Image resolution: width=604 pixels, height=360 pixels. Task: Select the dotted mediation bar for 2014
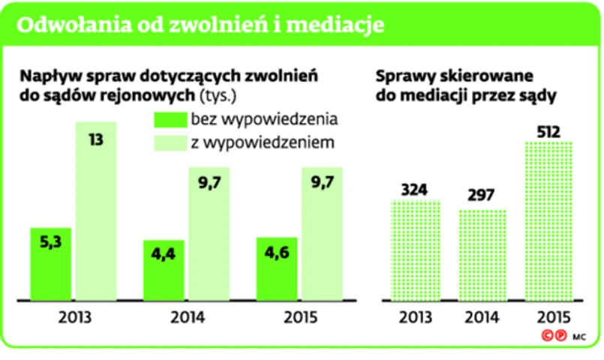click(x=482, y=254)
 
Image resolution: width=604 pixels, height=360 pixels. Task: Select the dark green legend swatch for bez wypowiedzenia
click(x=168, y=119)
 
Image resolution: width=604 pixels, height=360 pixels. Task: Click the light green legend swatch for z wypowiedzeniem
click(x=168, y=142)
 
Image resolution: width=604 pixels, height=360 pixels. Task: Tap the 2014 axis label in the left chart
click(x=187, y=316)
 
